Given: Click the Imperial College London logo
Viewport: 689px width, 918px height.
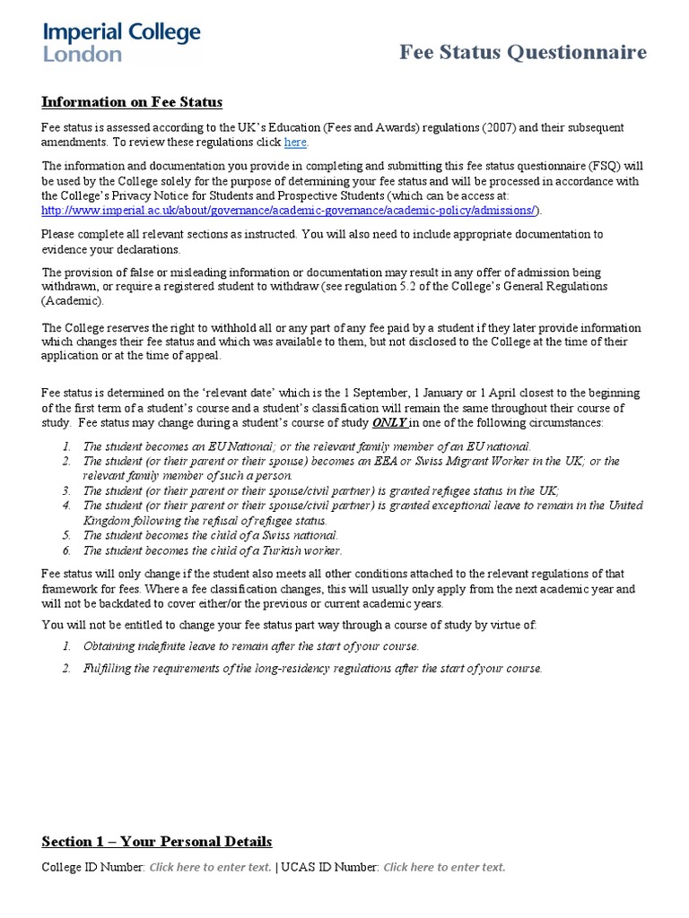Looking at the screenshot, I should [122, 42].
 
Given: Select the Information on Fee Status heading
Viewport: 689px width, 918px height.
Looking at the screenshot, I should [132, 102].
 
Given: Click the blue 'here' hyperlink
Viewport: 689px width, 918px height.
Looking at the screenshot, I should [295, 143].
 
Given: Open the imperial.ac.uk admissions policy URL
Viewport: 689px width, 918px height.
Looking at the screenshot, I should [291, 210].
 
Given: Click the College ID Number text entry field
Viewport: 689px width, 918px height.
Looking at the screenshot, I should [210, 867].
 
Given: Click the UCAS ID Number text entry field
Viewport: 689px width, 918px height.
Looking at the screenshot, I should [444, 867].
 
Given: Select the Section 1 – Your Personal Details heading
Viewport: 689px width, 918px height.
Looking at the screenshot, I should [157, 841].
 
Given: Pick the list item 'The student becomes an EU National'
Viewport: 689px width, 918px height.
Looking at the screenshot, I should [306, 446].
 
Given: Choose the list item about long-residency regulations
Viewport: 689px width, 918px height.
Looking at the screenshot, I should [312, 668].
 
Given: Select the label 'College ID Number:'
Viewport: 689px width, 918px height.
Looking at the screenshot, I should [93, 867].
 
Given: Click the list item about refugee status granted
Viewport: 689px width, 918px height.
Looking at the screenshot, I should [320, 490].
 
